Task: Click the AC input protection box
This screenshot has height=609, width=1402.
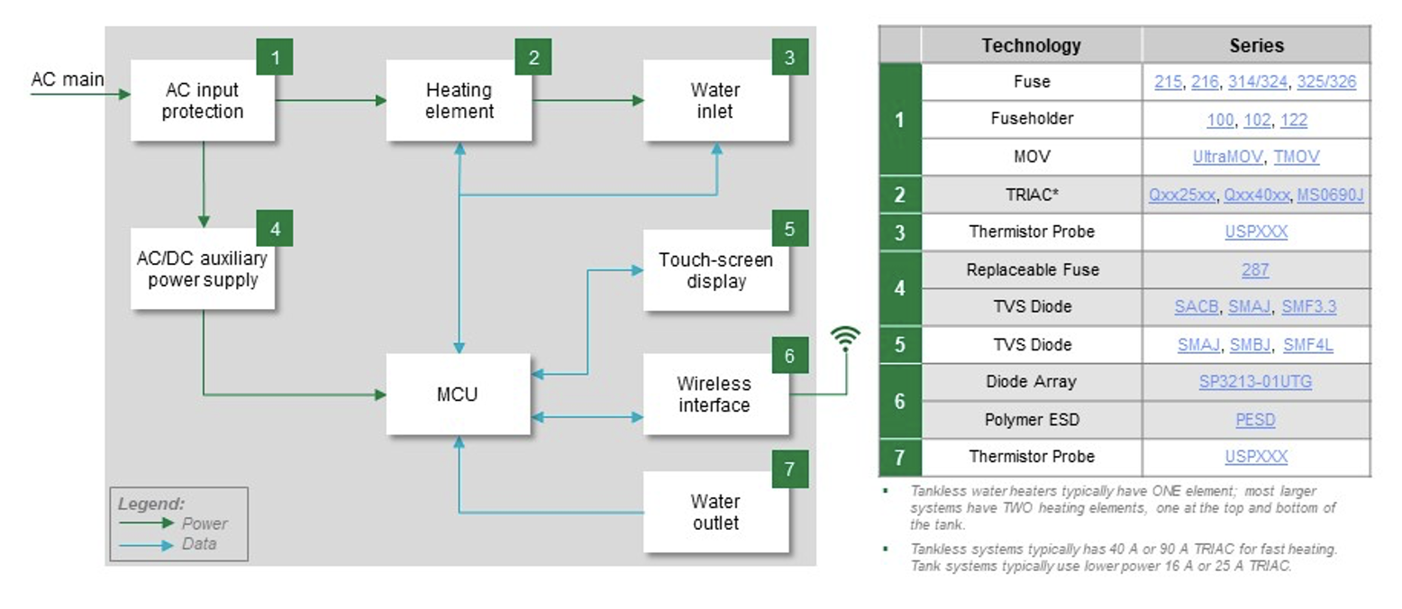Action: [203, 101]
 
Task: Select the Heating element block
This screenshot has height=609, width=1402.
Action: [460, 101]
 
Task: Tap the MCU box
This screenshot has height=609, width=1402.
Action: [460, 394]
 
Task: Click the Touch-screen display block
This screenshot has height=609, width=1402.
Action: [715, 270]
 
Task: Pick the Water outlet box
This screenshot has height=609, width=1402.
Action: [715, 512]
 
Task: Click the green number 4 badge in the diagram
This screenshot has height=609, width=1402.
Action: [275, 229]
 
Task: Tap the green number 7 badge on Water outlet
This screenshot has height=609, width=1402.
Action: [789, 468]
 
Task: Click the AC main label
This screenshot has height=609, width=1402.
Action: [67, 79]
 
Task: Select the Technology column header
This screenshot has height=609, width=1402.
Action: [1031, 45]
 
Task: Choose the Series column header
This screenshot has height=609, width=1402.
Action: [1255, 45]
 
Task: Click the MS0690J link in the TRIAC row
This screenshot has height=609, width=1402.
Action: [1330, 195]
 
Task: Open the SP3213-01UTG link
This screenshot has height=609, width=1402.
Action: [1255, 382]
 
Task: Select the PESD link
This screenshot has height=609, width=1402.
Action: [1255, 420]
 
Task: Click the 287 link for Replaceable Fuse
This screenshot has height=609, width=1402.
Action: [1255, 269]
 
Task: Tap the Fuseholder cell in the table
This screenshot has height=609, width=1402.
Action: [1031, 120]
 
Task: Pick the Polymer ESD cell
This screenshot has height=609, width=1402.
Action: [1031, 420]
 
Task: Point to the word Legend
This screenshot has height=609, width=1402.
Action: [150, 504]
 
